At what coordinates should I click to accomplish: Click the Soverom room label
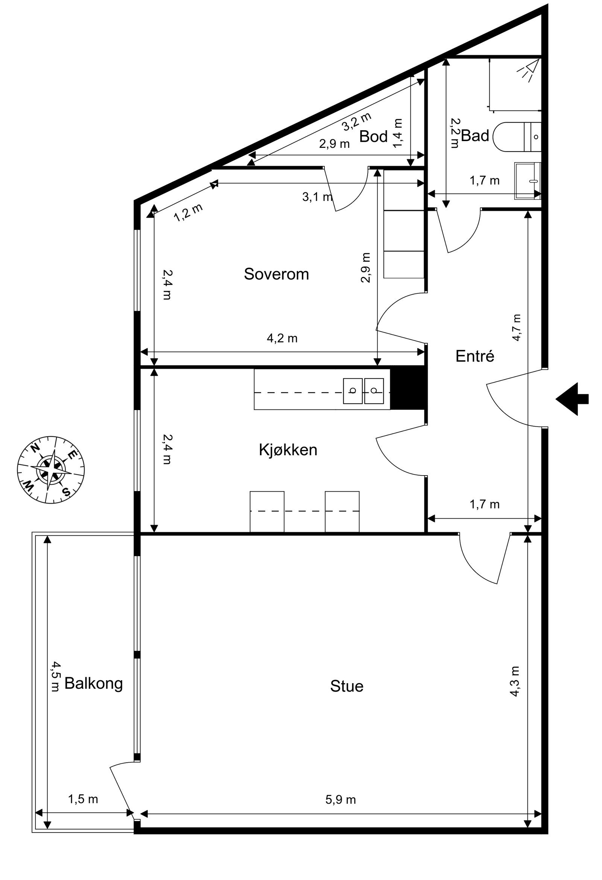tap(277, 274)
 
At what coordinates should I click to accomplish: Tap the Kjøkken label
tap(288, 450)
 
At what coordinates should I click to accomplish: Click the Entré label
tap(475, 356)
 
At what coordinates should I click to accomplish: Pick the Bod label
tap(373, 136)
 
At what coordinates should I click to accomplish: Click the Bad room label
tap(475, 135)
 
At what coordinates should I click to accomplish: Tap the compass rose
tap(51, 470)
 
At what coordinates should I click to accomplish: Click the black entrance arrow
tap(572, 399)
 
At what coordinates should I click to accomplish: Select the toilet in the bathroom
tap(517, 137)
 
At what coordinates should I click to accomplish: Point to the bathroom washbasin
tap(527, 181)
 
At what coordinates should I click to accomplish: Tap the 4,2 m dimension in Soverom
tap(282, 338)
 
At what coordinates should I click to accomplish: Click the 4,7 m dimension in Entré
tap(517, 328)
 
